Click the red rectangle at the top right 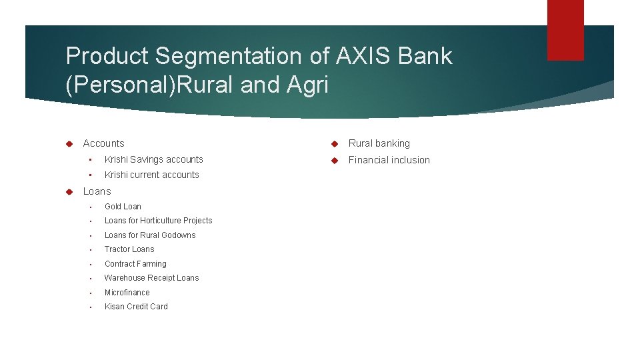click(x=565, y=29)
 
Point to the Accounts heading click(x=103, y=143)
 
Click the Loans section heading click(x=97, y=191)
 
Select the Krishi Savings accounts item click(x=153, y=159)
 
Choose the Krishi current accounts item click(x=151, y=175)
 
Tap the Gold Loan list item click(x=123, y=207)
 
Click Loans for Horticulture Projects click(x=158, y=221)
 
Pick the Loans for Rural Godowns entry click(x=150, y=235)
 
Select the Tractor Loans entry click(x=129, y=249)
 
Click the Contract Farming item click(x=135, y=264)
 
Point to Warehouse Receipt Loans click(x=151, y=278)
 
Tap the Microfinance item click(x=127, y=293)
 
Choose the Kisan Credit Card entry click(x=136, y=307)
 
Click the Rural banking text click(x=379, y=143)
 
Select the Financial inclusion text click(x=389, y=160)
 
